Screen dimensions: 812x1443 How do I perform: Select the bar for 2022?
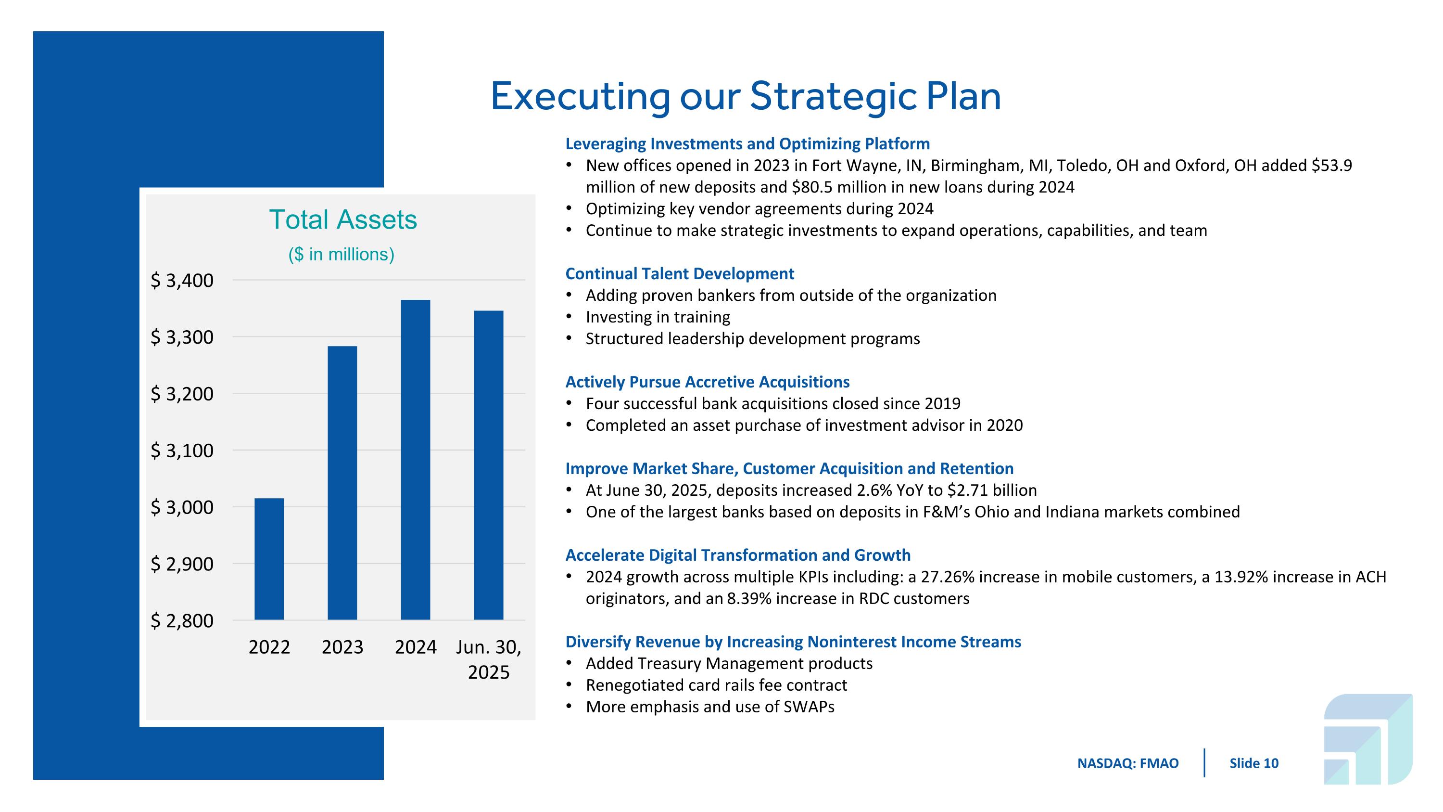click(269, 559)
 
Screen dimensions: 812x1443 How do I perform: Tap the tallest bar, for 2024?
click(416, 460)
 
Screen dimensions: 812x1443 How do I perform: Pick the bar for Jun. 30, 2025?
click(489, 465)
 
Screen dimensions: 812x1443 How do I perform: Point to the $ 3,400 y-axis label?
click(182, 280)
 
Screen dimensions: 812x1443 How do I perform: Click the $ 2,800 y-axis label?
click(182, 620)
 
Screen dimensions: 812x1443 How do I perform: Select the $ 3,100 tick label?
click(182, 450)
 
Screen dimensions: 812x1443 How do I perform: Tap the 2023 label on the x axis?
click(342, 647)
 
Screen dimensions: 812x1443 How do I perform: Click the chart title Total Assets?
click(343, 219)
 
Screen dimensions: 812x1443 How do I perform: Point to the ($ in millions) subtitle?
click(341, 255)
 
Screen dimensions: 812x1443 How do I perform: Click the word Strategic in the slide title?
click(833, 96)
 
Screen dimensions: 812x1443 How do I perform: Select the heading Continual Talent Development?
click(680, 273)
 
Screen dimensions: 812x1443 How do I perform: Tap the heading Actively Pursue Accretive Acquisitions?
click(707, 382)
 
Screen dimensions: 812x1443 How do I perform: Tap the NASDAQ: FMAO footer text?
click(1127, 763)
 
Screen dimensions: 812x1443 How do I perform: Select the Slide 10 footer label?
click(1253, 763)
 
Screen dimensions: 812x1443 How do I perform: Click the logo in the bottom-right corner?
click(1367, 738)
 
